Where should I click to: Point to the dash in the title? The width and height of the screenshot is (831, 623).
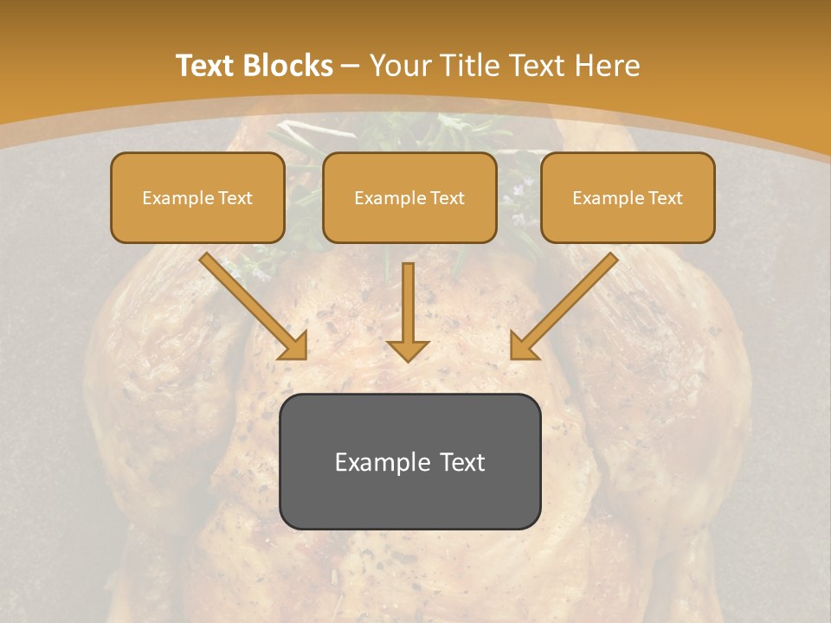pos(351,67)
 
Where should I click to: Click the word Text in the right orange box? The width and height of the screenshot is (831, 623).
pos(665,198)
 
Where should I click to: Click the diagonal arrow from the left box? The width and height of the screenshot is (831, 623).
pos(251,305)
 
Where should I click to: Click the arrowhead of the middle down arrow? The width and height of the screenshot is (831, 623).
pos(408,350)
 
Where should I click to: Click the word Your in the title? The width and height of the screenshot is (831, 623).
pos(400,66)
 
